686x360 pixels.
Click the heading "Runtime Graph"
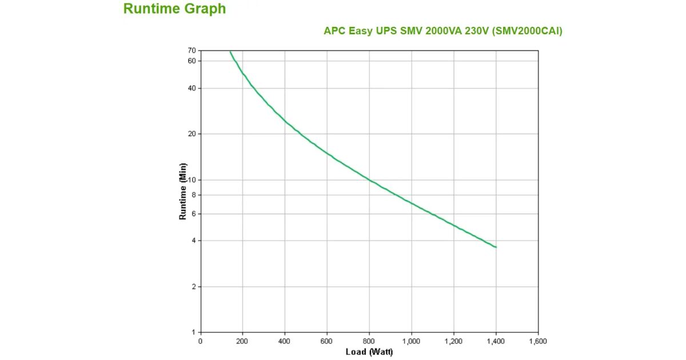pyautogui.click(x=174, y=9)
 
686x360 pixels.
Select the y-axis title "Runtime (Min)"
pyautogui.click(x=183, y=191)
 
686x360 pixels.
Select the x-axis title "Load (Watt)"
pyautogui.click(x=369, y=351)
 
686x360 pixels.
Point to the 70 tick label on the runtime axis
pyautogui.click(x=192, y=50)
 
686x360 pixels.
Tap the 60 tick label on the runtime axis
pyautogui.click(x=192, y=61)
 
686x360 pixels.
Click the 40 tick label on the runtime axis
pyautogui.click(x=192, y=88)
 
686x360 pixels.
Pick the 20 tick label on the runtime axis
pyautogui.click(x=192, y=134)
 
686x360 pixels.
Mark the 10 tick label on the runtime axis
pyautogui.click(x=192, y=180)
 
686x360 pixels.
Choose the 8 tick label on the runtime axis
pyautogui.click(x=193, y=195)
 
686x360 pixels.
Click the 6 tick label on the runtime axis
pyautogui.click(x=193, y=214)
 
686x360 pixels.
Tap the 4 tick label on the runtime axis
pyautogui.click(x=193, y=241)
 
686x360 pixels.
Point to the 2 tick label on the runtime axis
pyautogui.click(x=193, y=286)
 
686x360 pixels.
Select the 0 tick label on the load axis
pyautogui.click(x=200, y=341)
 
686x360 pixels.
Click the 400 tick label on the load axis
pyautogui.click(x=285, y=341)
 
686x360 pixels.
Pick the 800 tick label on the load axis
pyautogui.click(x=369, y=341)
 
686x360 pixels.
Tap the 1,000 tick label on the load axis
pyautogui.click(x=411, y=341)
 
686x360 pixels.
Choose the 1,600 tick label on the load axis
pyautogui.click(x=538, y=341)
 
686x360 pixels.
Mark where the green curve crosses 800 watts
pyautogui.click(x=369, y=180)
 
